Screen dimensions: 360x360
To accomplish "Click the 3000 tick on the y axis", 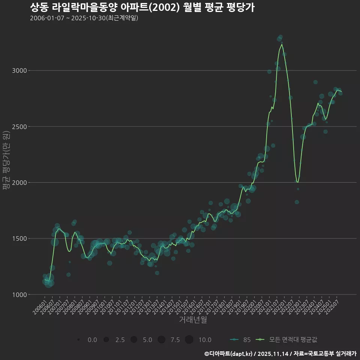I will point(19,70).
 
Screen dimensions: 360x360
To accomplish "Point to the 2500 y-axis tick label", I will point(19,126).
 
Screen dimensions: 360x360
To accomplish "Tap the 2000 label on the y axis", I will point(19,183).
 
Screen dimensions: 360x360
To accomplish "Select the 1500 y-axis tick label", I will point(19,238).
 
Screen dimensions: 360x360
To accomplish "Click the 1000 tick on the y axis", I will point(19,295).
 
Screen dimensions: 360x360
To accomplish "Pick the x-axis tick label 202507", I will point(333,307).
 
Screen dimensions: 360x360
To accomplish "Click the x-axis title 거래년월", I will point(193,320).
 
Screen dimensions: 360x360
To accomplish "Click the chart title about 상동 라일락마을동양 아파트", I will point(142,7).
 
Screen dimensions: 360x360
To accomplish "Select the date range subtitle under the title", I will point(84,18).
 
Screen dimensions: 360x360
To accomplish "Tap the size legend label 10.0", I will point(205,340).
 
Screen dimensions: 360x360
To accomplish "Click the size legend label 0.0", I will point(92,340).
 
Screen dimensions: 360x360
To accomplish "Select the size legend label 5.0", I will point(147,340).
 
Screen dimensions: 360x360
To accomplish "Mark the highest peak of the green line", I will point(282,44).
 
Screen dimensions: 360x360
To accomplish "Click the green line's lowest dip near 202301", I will point(298,182).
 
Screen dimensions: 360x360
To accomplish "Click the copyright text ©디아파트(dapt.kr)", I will point(228,354).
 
